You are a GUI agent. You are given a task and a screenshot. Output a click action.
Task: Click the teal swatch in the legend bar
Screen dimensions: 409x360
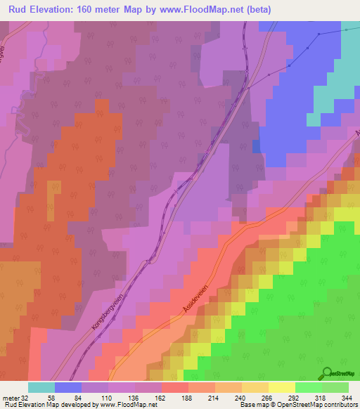coord(41,387)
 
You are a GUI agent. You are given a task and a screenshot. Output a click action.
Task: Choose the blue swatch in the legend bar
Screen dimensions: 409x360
coord(68,387)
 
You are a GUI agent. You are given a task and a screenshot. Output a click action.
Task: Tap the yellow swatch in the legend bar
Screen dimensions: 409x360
coord(282,387)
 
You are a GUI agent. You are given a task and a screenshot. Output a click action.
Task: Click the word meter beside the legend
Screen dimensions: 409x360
coord(10,398)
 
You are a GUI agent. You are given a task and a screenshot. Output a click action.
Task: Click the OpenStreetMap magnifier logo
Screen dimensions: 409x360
coord(326,372)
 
